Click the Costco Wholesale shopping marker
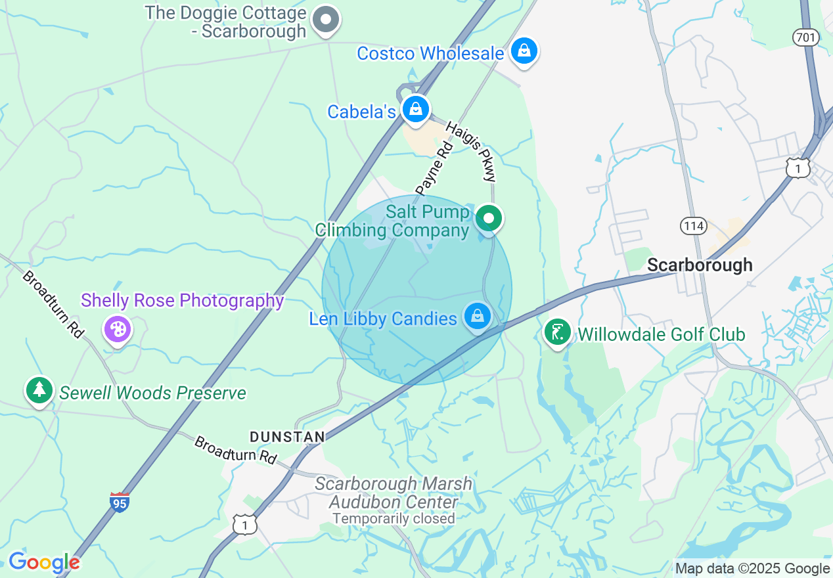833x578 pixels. [524, 51]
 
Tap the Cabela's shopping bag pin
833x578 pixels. [416, 110]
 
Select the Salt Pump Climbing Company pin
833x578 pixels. [489, 218]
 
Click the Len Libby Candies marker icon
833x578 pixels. [477, 317]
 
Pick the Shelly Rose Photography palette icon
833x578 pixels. [118, 329]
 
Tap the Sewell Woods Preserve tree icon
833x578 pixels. [39, 390]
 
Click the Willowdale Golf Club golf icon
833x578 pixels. [557, 332]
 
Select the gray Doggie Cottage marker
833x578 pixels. [325, 20]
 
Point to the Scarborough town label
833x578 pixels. [700, 265]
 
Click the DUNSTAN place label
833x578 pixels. [287, 437]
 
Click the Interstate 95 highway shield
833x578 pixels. [120, 502]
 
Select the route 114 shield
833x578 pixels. [693, 227]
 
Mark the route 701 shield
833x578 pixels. [805, 37]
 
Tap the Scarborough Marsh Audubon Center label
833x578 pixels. [394, 493]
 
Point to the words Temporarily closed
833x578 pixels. [394, 518]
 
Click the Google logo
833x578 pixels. [44, 562]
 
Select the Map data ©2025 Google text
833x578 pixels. [753, 569]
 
